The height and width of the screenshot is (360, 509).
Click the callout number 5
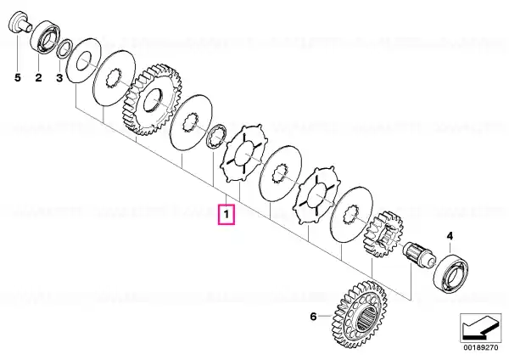[18, 78]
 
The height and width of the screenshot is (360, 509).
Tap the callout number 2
[39, 78]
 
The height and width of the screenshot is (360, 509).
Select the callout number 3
[59, 78]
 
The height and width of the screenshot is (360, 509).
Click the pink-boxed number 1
[227, 215]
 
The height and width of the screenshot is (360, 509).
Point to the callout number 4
[450, 236]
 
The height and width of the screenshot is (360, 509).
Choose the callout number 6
[313, 316]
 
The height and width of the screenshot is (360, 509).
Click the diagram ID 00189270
[480, 347]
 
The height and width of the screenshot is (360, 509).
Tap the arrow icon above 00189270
[480, 328]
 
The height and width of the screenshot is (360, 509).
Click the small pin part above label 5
[20, 22]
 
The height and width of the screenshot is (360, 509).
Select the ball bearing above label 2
[46, 37]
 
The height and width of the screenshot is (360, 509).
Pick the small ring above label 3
[64, 49]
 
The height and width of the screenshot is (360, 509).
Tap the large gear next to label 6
[360, 314]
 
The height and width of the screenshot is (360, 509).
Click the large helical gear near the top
[152, 99]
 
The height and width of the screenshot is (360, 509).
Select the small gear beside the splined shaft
[383, 233]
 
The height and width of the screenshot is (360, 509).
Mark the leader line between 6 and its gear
[325, 316]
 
